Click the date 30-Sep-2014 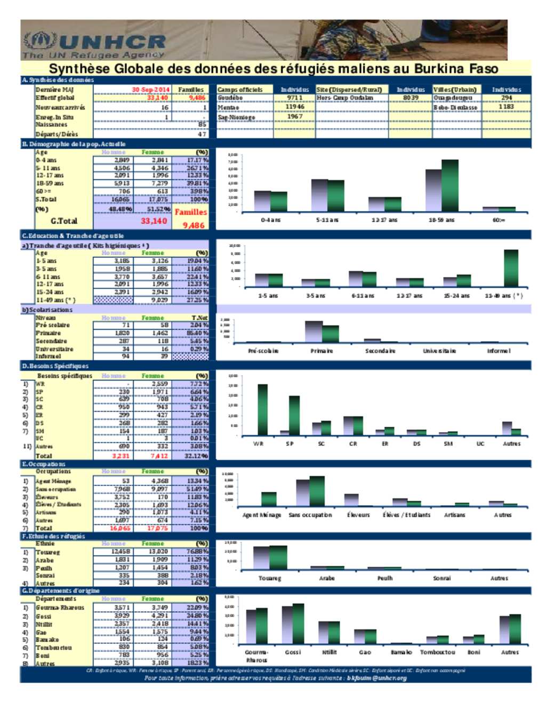pyautogui.click(x=150, y=90)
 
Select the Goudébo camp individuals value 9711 pyautogui.click(x=294, y=98)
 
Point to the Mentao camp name pyautogui.click(x=228, y=107)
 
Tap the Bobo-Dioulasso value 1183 pyautogui.click(x=506, y=107)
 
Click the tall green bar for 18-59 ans pyautogui.click(x=449, y=185)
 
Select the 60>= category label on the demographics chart pyautogui.click(x=499, y=220)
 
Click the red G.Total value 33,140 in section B pyautogui.click(x=154, y=221)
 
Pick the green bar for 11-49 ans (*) pyautogui.click(x=511, y=267)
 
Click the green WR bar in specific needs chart pyautogui.click(x=262, y=410)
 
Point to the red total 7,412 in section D pyautogui.click(x=159, y=456)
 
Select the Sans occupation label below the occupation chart pyautogui.click(x=310, y=515)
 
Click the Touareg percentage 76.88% pyautogui.click(x=197, y=551)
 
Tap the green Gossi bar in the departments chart pyautogui.click(x=298, y=623)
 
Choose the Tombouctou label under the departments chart pyautogui.click(x=437, y=652)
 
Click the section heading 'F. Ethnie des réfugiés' pyautogui.click(x=54, y=536)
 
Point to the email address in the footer pyautogui.click(x=376, y=678)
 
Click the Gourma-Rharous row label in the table pyautogui.click(x=60, y=607)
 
